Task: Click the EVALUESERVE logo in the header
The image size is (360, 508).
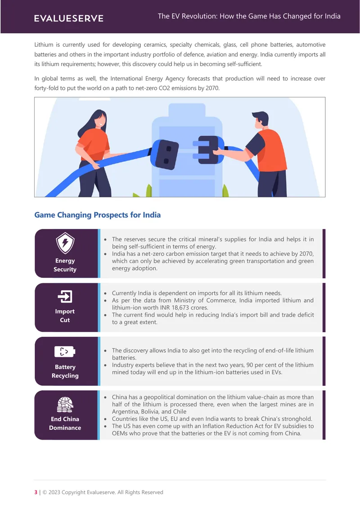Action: coord(69,18)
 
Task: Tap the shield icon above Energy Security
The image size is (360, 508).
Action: coord(65,243)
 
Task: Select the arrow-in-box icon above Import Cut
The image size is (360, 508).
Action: coord(65,296)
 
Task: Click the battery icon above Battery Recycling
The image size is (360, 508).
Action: coord(65,352)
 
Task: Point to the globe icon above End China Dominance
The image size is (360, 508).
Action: coord(65,404)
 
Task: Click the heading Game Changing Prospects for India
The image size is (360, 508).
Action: coord(98,215)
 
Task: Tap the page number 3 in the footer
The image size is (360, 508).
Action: coord(36,492)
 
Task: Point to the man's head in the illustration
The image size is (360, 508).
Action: coord(260,120)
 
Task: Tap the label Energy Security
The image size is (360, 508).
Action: coord(65,265)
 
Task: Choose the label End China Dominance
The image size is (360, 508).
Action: coord(65,423)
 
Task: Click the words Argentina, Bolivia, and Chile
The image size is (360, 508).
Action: coord(149,411)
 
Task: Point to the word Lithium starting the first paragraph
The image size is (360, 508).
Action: coord(44,45)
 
